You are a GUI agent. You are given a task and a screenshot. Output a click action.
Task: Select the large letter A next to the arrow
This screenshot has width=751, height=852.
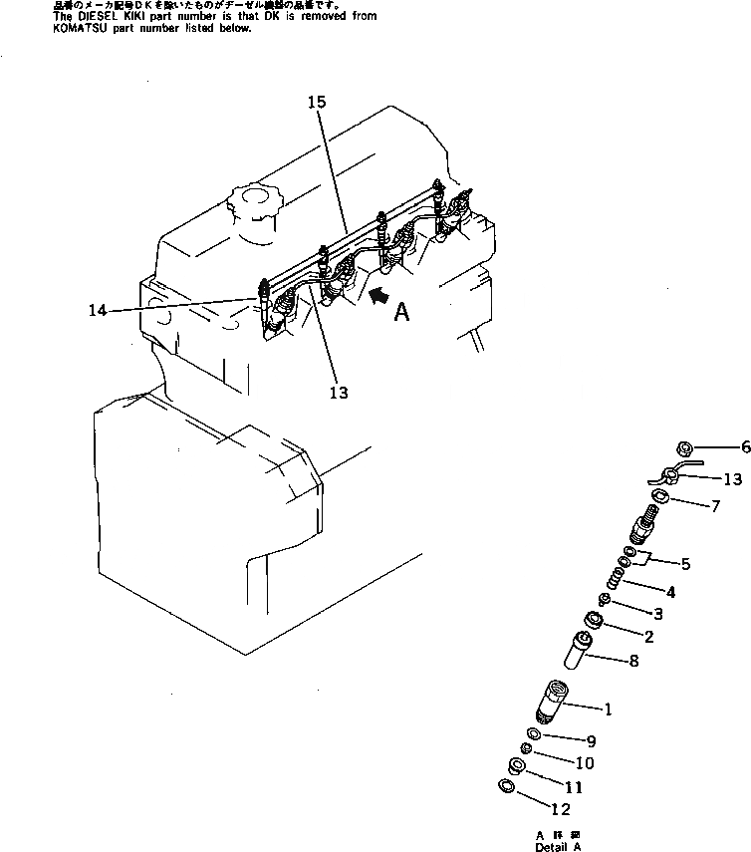coord(401,313)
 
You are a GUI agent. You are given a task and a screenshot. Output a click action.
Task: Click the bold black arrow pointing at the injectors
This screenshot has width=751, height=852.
coord(377,295)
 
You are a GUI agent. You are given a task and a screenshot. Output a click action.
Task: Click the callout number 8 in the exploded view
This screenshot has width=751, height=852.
coord(661,660)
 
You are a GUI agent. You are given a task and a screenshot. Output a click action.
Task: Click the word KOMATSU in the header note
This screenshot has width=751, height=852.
coord(41,29)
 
